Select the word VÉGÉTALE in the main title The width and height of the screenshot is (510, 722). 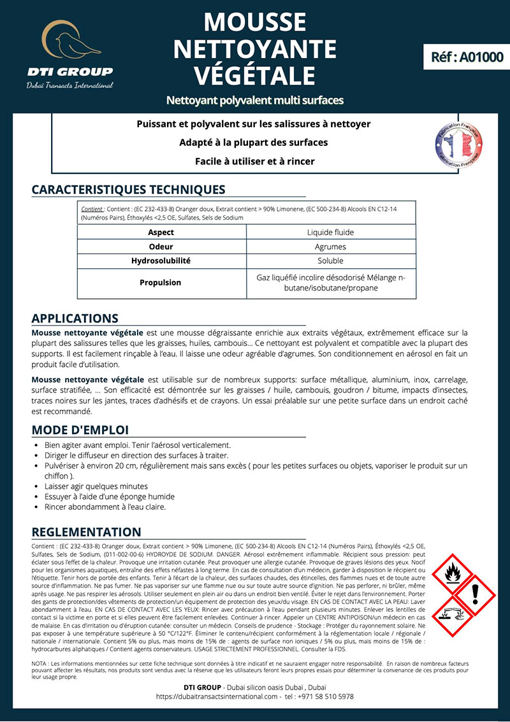(x=255, y=74)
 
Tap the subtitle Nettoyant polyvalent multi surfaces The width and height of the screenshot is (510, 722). (x=255, y=101)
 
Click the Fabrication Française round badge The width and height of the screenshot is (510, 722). (x=457, y=142)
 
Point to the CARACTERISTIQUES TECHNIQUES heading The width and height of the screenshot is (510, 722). (x=128, y=190)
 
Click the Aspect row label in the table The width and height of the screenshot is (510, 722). (x=161, y=232)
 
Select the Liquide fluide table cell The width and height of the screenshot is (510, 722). (x=330, y=232)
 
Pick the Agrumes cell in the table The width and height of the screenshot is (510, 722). (x=330, y=247)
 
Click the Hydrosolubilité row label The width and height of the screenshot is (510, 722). (x=161, y=261)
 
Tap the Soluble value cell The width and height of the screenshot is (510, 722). (x=330, y=261)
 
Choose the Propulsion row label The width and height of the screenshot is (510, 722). (x=161, y=282)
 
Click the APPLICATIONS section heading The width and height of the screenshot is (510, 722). (x=75, y=319)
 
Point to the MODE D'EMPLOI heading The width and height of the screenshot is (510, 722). (x=80, y=430)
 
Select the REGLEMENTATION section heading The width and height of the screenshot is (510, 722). (x=87, y=532)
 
